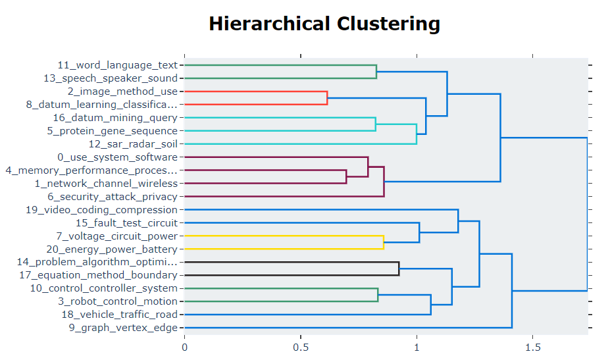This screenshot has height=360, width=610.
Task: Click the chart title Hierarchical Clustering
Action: click(x=324, y=24)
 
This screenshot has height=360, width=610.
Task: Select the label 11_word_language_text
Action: click(x=118, y=65)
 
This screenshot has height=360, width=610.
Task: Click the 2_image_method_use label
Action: click(x=122, y=91)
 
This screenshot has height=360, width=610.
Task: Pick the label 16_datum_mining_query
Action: click(x=115, y=118)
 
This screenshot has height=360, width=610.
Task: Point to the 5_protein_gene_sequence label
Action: click(x=113, y=131)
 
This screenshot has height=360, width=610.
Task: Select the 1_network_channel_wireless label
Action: click(x=106, y=183)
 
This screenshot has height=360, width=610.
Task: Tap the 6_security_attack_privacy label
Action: click(x=113, y=196)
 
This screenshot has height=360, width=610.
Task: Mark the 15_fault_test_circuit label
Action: click(x=126, y=223)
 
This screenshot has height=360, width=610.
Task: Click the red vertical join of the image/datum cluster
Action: click(x=327, y=98)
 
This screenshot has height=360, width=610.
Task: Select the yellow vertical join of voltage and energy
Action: click(x=384, y=242)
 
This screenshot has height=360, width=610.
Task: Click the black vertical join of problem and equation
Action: click(x=399, y=269)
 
